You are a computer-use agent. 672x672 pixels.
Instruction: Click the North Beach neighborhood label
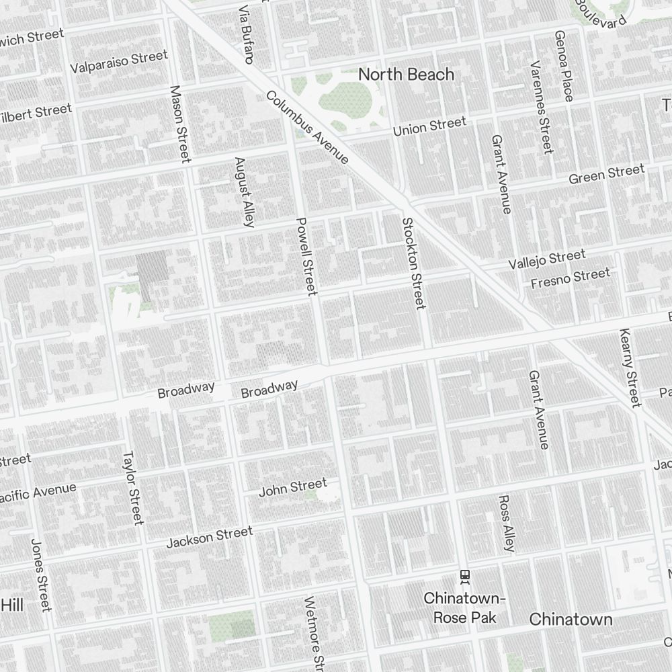click(x=406, y=74)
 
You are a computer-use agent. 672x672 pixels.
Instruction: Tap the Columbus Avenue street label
click(x=307, y=127)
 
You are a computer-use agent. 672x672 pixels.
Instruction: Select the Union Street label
click(x=429, y=126)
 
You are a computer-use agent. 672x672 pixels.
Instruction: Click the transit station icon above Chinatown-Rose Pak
click(x=464, y=576)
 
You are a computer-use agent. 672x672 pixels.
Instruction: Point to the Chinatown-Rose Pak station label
click(x=464, y=607)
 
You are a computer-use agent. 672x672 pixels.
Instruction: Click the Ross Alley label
click(x=507, y=523)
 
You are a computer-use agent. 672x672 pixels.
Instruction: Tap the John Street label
click(x=293, y=487)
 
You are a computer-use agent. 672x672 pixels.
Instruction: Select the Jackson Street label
click(x=210, y=536)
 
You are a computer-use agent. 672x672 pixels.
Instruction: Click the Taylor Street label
click(x=133, y=487)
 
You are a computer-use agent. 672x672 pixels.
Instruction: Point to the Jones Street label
click(x=40, y=575)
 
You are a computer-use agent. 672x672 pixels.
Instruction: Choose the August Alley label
click(x=244, y=192)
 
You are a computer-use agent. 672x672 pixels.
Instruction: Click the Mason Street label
click(x=180, y=124)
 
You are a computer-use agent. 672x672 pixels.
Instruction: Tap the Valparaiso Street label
click(x=118, y=62)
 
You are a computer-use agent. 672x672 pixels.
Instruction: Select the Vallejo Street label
click(x=546, y=259)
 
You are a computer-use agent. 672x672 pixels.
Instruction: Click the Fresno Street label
click(x=571, y=278)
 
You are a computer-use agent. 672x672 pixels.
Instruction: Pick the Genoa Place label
click(x=563, y=66)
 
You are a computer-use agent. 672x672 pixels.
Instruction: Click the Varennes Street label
click(x=540, y=106)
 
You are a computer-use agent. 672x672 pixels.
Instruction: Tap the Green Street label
click(x=606, y=174)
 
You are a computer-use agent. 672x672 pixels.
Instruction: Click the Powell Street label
click(x=306, y=256)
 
